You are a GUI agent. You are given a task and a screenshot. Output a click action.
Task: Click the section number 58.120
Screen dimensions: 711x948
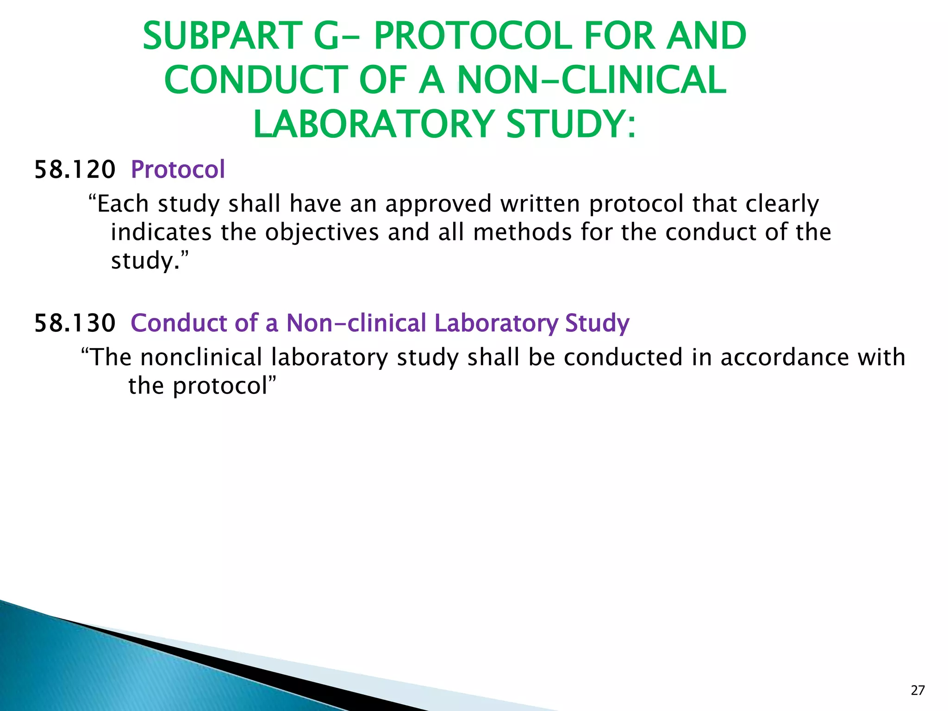pos(75,169)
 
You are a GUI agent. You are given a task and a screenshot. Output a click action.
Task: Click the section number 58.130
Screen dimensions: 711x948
pos(75,323)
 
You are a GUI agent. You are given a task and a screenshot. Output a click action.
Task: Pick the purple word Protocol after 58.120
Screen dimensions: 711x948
pos(178,169)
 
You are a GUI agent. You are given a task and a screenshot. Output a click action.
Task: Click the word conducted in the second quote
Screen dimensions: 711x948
pos(623,357)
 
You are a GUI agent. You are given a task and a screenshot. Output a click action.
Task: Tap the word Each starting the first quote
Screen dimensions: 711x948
pos(123,204)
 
